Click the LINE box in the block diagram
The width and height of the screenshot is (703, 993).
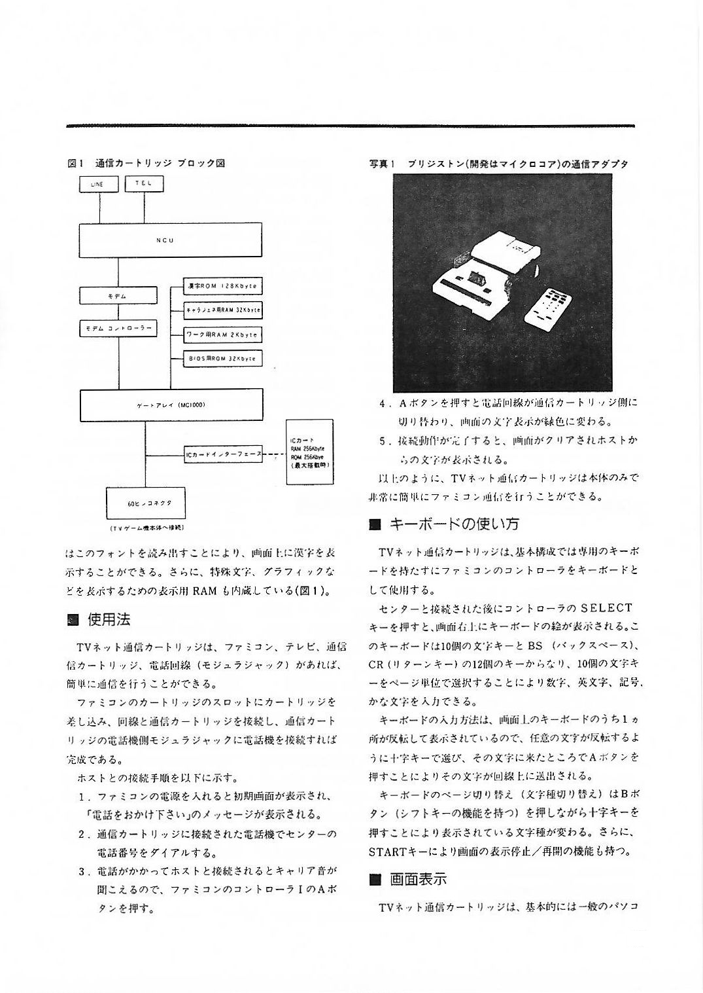99,185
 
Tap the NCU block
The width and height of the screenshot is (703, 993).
171,240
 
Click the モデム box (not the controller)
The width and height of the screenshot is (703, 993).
118,296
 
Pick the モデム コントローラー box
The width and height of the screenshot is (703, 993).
118,329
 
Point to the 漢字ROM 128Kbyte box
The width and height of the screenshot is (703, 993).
222,287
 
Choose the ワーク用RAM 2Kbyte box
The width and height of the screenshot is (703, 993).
222,334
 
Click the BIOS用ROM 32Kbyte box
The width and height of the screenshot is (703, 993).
222,359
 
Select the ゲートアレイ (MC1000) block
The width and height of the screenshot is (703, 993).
171,405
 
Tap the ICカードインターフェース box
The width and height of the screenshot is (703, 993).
223,454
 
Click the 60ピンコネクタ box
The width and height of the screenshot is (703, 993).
146,503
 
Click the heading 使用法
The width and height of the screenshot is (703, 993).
109,619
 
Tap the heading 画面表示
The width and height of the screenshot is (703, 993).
419,879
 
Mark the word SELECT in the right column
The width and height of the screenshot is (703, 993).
606,608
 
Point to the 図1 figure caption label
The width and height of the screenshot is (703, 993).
74,162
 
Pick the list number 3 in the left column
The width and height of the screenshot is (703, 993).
83,871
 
